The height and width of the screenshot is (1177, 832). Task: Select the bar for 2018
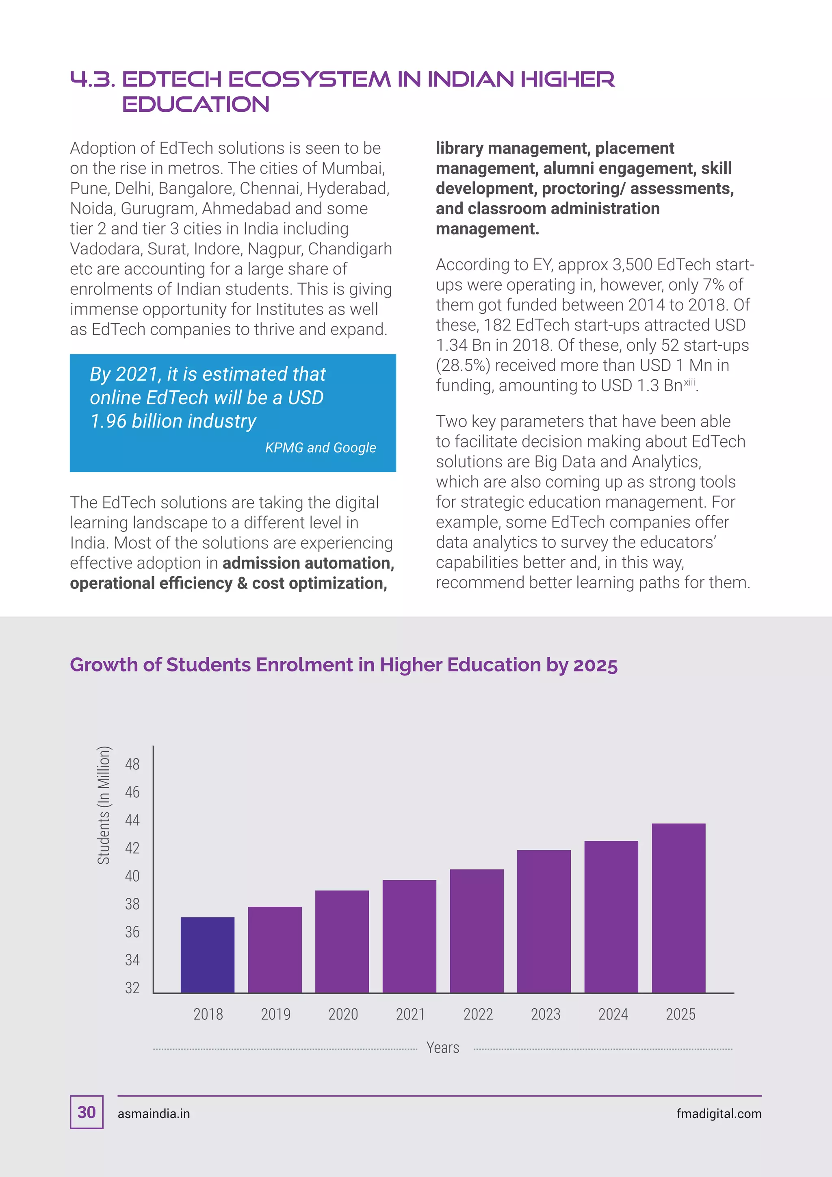tap(208, 955)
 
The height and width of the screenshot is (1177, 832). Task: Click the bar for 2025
tap(678, 908)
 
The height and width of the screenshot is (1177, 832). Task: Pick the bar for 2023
tap(544, 921)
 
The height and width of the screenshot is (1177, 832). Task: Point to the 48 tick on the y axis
tap(132, 764)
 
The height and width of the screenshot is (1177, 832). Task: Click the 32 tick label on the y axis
tap(132, 988)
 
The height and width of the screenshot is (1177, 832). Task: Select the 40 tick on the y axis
tap(132, 876)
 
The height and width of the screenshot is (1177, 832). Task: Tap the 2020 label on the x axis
tap(343, 1014)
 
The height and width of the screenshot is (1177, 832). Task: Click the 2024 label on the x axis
tap(613, 1014)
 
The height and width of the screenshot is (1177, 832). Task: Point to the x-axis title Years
tap(443, 1048)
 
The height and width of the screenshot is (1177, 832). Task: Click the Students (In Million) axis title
tap(104, 806)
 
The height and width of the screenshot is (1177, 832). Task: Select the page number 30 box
tap(87, 1112)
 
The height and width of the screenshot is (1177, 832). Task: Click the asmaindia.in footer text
tap(154, 1114)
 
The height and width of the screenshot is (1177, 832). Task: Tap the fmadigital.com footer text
tap(718, 1114)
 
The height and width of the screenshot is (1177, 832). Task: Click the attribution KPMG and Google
tap(320, 447)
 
